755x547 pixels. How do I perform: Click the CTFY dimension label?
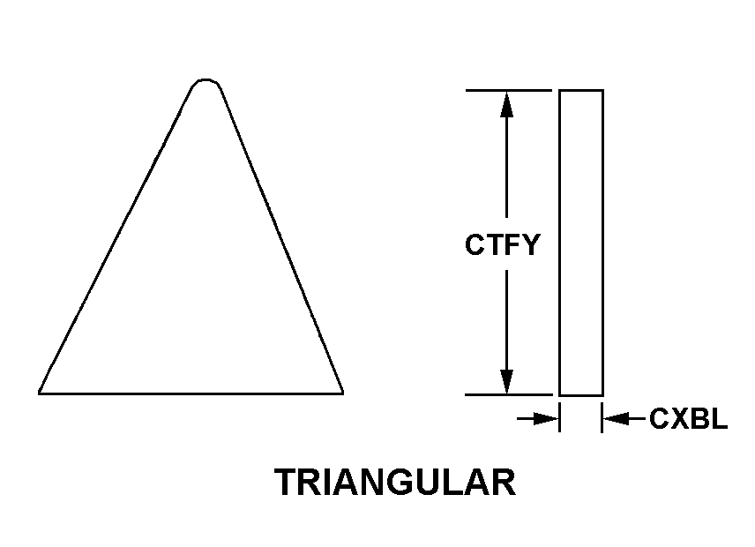pyautogui.click(x=502, y=244)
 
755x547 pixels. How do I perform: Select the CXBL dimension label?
pyautogui.click(x=689, y=418)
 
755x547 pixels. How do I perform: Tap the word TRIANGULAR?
pyautogui.click(x=395, y=482)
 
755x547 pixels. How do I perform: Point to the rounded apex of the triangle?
pyautogui.click(x=206, y=80)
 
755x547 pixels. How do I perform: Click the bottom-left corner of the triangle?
pyautogui.click(x=39, y=393)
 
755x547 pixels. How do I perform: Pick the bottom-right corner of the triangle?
pyautogui.click(x=343, y=393)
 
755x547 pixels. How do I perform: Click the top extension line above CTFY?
pyautogui.click(x=508, y=90)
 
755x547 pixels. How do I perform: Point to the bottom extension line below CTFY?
pyautogui.click(x=508, y=395)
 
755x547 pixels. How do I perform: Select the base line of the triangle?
pyautogui.click(x=191, y=393)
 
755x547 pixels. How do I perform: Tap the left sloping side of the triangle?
pyautogui.click(x=116, y=239)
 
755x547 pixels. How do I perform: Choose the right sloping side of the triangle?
pyautogui.click(x=281, y=239)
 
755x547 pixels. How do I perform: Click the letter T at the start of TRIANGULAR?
pyautogui.click(x=288, y=482)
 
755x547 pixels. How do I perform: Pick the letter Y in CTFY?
pyautogui.click(x=531, y=244)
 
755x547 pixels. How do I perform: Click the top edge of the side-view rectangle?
pyautogui.click(x=581, y=90)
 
